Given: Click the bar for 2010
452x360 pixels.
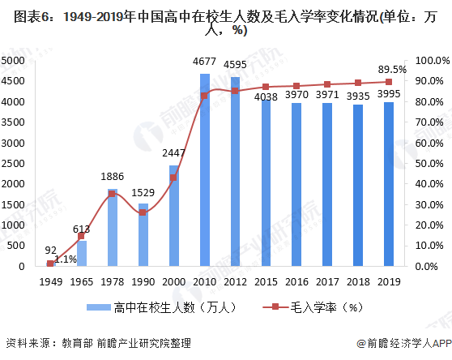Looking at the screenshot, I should tap(204, 169).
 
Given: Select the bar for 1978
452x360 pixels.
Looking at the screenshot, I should tap(113, 227).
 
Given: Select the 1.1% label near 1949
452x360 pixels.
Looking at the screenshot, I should tap(66, 259).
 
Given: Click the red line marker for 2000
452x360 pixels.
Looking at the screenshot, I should tap(173, 178).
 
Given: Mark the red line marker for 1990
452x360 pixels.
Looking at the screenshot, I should tap(143, 212).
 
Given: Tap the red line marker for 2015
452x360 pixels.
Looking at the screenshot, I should tap(266, 87).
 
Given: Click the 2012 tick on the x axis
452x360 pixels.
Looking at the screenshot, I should tap(235, 281).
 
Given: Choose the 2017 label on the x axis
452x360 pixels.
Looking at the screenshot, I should tap(327, 281).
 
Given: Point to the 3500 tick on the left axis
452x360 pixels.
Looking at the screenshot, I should tap(18, 122).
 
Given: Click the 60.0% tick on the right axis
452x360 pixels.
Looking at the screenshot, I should tap(428, 143).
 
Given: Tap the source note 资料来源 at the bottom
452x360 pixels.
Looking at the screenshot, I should tap(28, 343).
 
